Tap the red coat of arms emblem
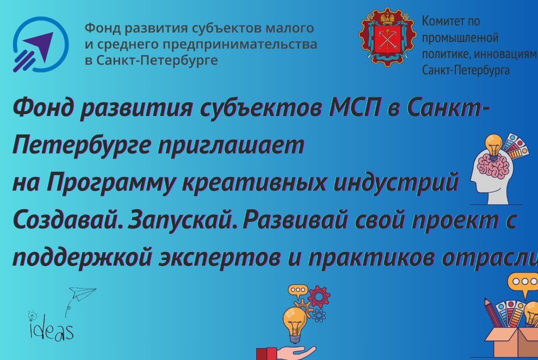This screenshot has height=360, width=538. click(387, 39)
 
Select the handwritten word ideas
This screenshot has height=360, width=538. click(52, 330)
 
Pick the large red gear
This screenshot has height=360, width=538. click(318, 296)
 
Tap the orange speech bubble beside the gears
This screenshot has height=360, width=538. click(299, 289)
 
